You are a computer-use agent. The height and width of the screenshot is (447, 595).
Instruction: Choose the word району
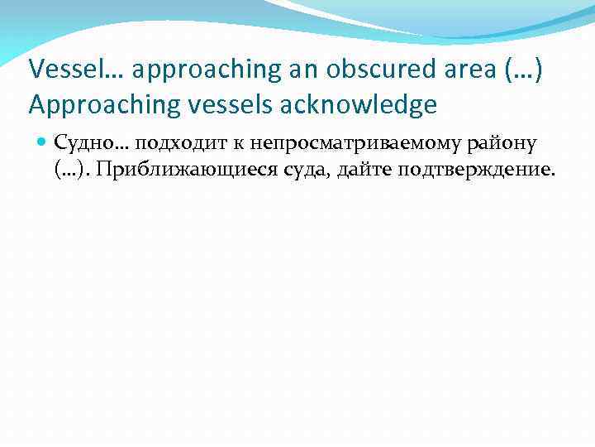pos(506,145)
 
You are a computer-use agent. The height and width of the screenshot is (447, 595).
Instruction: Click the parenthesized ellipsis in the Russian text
pos(71,170)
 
